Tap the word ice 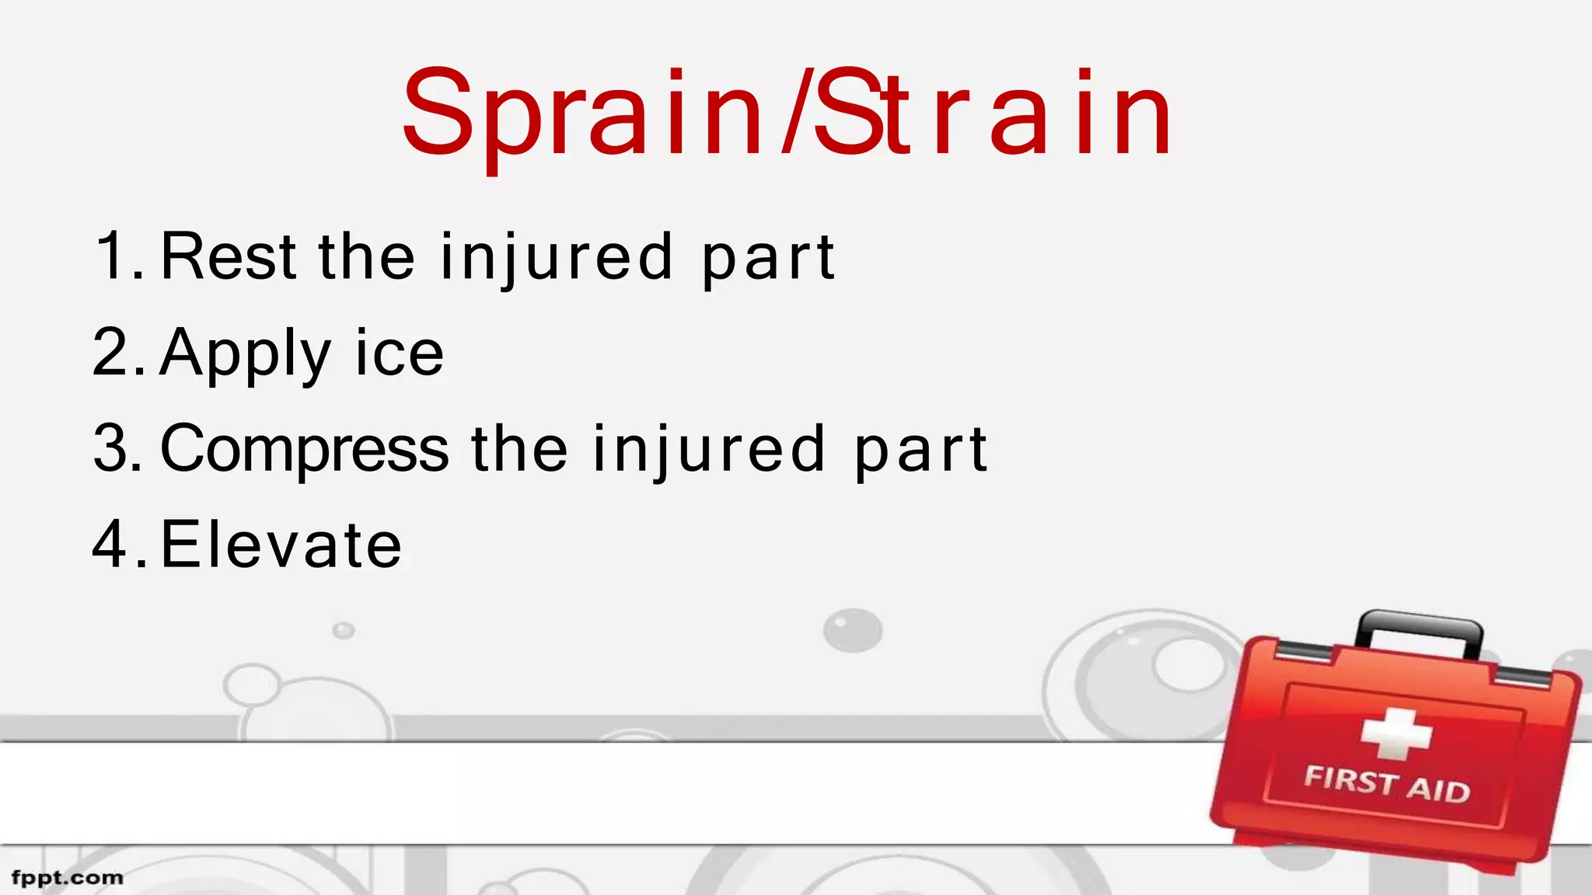click(399, 353)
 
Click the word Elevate click(281, 545)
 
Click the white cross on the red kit click(1396, 733)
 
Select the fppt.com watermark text click(68, 878)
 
